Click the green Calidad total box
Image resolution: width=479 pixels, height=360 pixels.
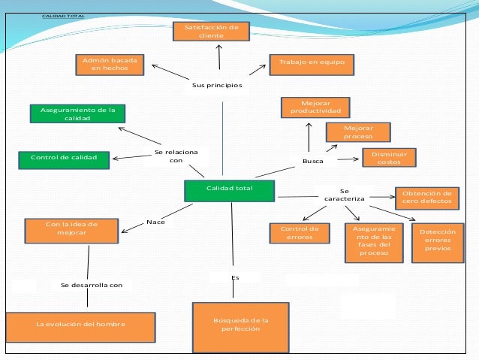point(230,191)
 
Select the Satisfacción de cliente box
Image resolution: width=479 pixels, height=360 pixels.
point(211,32)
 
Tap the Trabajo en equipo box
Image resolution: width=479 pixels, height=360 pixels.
point(312,65)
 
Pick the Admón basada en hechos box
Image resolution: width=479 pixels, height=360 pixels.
point(110,65)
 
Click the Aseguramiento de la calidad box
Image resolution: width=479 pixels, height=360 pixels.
point(77,113)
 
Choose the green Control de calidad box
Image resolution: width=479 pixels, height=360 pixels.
point(64,160)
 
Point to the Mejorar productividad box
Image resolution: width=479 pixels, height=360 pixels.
point(315,107)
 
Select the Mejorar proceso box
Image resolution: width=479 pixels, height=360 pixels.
point(358,132)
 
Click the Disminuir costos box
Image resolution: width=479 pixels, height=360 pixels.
point(389,158)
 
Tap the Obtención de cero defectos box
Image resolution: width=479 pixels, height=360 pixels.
point(427,198)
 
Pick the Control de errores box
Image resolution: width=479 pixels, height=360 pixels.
point(300,233)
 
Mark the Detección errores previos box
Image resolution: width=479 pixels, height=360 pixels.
point(438,243)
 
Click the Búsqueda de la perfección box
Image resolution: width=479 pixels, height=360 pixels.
point(241,328)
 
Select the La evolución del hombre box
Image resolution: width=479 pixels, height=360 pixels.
point(80,327)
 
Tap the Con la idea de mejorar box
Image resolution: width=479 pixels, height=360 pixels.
point(71,231)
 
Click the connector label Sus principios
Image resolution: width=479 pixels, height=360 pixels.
point(217,85)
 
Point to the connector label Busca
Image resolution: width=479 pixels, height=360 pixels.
point(313,161)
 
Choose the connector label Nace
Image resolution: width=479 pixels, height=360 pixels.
point(156,222)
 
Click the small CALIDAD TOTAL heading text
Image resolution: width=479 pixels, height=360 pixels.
point(63,16)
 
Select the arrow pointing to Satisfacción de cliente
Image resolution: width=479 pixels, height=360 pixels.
point(219,57)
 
